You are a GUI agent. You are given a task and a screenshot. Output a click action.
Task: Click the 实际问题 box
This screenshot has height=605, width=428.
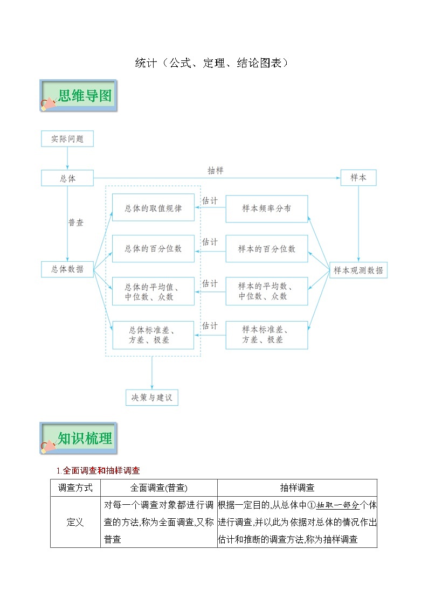(67, 138)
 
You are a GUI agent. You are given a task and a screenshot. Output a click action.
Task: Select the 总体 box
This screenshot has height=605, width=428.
(67, 178)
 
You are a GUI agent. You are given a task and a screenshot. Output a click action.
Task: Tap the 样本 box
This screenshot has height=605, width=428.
(358, 177)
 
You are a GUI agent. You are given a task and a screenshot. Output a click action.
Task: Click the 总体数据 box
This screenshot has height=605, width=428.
(67, 269)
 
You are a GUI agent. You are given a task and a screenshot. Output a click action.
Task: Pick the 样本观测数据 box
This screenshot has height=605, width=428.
(358, 270)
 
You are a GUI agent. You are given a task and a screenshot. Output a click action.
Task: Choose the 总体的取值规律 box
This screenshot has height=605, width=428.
(153, 207)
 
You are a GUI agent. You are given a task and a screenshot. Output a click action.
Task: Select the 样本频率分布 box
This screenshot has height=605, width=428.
(267, 208)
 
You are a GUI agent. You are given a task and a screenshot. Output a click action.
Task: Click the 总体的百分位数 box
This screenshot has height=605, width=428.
(153, 248)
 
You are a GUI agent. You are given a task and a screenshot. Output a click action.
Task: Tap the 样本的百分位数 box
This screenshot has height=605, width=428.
(267, 248)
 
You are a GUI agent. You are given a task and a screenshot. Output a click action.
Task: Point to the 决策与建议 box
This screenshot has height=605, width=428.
(151, 398)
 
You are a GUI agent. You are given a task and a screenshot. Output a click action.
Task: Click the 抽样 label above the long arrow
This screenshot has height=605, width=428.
(216, 170)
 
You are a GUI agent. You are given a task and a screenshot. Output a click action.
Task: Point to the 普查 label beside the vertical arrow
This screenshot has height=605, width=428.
(75, 222)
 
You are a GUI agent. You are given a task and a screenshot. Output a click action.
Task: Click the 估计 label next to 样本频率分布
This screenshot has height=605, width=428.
(210, 200)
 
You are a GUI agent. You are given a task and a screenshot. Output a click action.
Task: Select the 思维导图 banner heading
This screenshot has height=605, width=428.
(85, 95)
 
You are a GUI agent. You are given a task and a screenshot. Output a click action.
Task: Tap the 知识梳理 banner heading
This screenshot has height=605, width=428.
(85, 438)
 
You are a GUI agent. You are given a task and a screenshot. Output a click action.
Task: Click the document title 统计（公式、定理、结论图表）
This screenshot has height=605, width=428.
(211, 63)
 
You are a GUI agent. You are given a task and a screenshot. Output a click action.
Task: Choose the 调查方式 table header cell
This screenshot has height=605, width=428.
(75, 488)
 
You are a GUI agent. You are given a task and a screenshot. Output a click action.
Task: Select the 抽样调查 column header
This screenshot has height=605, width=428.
(297, 488)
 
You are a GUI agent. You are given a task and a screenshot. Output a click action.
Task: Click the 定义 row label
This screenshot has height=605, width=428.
(75, 522)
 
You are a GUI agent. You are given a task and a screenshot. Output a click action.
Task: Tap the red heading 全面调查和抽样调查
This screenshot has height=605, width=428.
(101, 470)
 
